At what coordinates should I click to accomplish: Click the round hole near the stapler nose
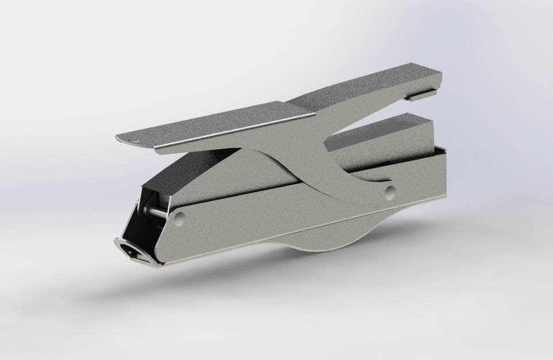179,218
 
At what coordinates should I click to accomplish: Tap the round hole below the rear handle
390,191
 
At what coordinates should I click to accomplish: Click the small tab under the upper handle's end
421,93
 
